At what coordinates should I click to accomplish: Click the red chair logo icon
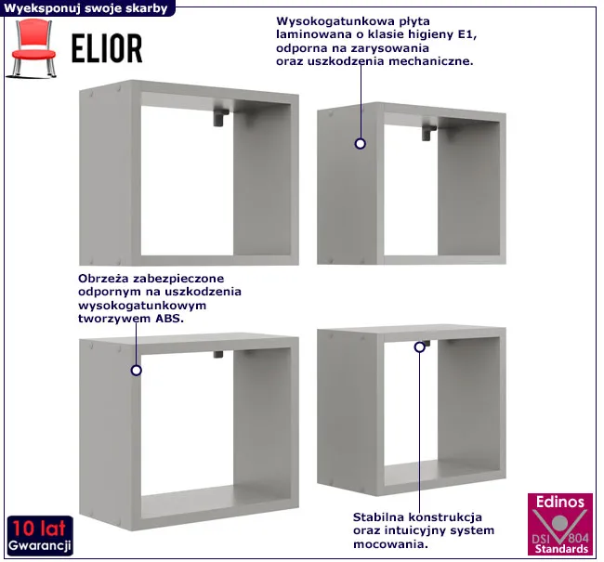pos(32,47)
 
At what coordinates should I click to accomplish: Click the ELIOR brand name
pos(107,48)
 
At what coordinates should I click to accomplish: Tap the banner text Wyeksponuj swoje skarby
pos(85,7)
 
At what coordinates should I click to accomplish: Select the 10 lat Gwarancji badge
pos(40,535)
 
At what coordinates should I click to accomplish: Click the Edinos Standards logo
pos(560,524)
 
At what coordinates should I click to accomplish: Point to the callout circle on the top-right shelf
pos(361,144)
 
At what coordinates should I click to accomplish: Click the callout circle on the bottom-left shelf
pos(136,370)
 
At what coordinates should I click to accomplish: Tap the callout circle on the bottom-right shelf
pos(419,347)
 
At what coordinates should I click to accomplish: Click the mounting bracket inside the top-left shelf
pos(221,117)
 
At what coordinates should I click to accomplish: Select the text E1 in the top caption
pos(467,34)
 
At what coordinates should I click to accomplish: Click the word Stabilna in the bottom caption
pos(378,516)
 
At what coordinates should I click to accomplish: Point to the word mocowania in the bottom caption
pos(390,544)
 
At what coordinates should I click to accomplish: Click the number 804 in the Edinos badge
pos(578,537)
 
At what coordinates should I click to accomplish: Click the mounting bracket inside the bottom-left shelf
pos(218,354)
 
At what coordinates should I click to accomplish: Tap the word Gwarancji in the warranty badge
pos(40,545)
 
